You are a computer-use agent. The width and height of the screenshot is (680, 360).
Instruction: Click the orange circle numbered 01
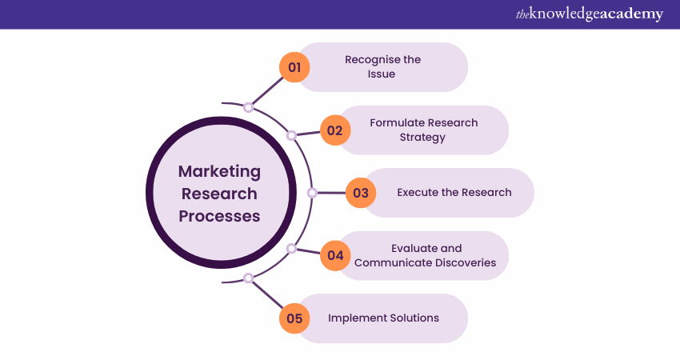pos(294,67)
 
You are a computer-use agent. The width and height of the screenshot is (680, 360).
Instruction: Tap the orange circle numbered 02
pos(335,130)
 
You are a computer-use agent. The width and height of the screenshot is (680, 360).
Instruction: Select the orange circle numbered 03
pos(361,193)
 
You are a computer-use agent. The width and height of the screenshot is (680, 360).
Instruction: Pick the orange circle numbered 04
pos(335,255)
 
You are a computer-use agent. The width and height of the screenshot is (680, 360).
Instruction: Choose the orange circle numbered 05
pos(294,318)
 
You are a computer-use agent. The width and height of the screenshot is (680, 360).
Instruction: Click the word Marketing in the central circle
pos(219,171)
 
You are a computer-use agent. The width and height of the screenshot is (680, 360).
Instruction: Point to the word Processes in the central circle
pos(219,216)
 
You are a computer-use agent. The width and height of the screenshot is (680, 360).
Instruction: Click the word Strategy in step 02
pos(422,137)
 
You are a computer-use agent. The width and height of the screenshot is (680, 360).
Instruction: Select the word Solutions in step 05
pos(414,318)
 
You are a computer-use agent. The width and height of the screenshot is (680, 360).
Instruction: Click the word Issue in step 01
pos(382,74)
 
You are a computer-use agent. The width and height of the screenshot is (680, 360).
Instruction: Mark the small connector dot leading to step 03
pos(312,193)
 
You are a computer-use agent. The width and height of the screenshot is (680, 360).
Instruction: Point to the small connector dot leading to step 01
pos(248,106)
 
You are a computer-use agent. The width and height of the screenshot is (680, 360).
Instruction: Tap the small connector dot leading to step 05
pos(248,278)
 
